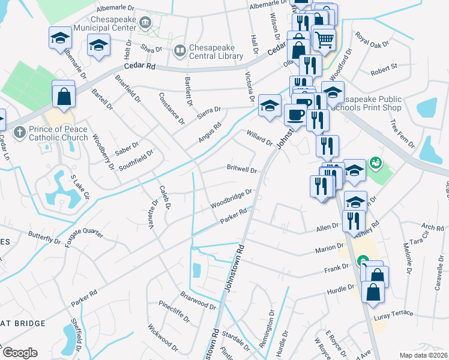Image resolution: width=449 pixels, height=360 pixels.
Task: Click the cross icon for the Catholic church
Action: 19,130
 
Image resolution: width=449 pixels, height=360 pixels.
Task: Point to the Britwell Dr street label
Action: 241,169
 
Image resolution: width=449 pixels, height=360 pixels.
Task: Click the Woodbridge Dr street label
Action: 231,199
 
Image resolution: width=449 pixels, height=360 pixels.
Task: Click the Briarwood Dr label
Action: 197,301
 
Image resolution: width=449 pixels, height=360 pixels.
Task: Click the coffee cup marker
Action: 294,112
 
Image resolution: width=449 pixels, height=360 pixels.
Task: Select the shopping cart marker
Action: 324,40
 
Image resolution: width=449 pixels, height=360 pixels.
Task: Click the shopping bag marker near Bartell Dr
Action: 64,95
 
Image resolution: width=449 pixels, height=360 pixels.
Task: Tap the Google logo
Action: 20,353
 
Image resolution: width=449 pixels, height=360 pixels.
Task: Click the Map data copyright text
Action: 423,355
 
